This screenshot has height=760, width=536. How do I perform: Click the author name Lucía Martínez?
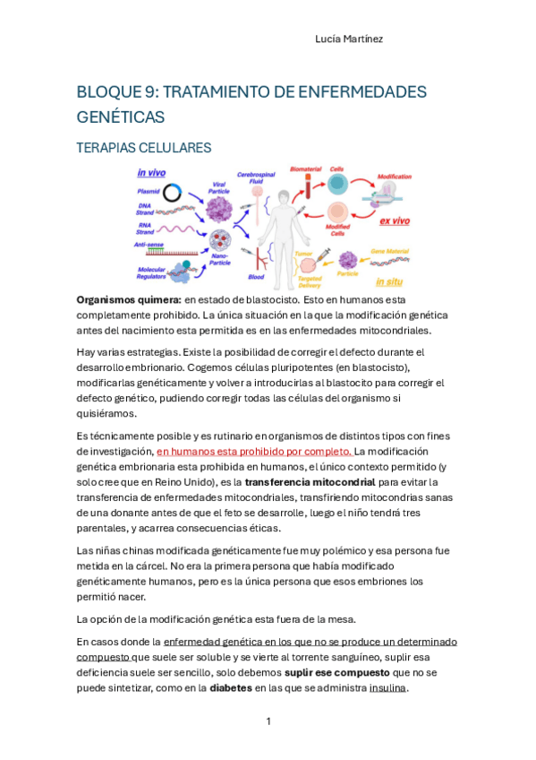(349, 39)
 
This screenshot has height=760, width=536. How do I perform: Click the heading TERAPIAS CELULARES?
(143, 148)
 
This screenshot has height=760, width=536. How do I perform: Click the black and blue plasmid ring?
(174, 191)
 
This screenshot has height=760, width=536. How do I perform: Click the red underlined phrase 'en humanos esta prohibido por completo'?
(254, 452)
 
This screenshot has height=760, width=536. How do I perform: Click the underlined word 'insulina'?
(387, 688)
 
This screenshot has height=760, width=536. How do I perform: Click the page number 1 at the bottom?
(268, 721)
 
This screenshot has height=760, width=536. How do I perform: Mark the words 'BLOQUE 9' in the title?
(115, 92)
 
